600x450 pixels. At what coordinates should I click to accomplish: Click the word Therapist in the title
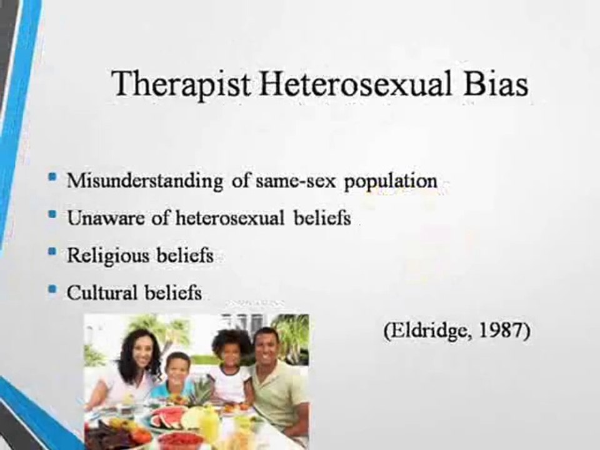(181, 84)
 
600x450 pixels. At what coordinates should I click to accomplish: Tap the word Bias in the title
(496, 83)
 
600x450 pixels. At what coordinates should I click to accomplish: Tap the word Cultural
(102, 293)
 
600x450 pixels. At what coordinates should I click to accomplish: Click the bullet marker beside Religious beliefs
(52, 252)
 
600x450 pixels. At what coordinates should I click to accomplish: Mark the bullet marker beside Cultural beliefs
(52, 289)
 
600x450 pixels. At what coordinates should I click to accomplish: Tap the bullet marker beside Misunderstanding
(52, 177)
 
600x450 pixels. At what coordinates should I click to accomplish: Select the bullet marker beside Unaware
(52, 214)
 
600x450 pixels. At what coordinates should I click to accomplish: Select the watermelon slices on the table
(164, 417)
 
